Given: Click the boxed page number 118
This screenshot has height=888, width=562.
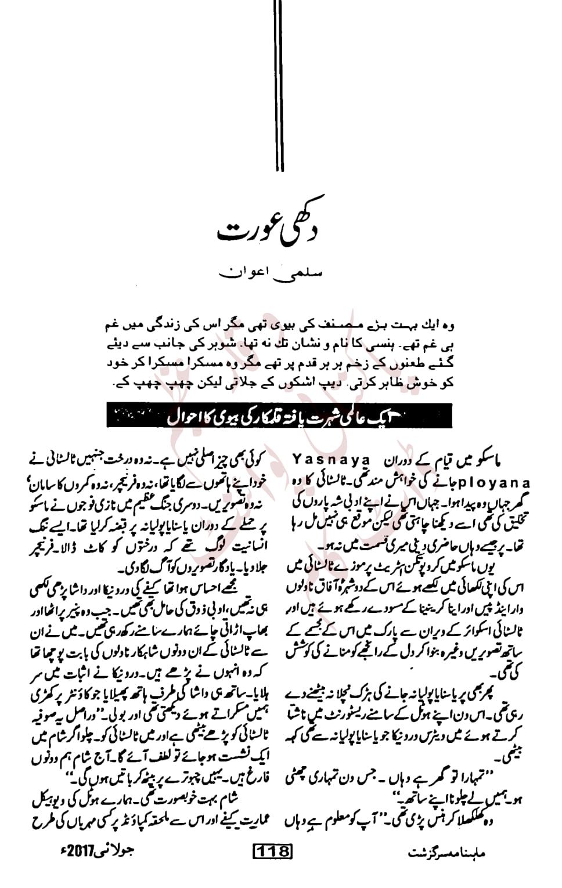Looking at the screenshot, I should [x=272, y=851].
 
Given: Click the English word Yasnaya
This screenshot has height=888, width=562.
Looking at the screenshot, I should [x=332, y=460].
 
